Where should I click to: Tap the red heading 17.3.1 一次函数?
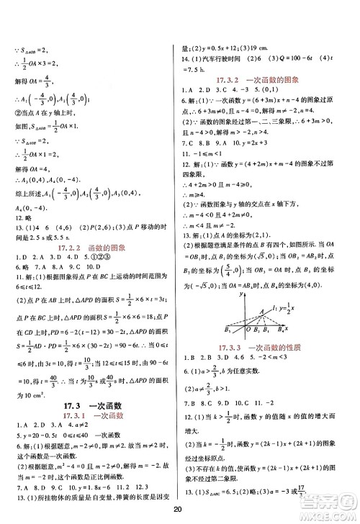click(86, 417)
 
